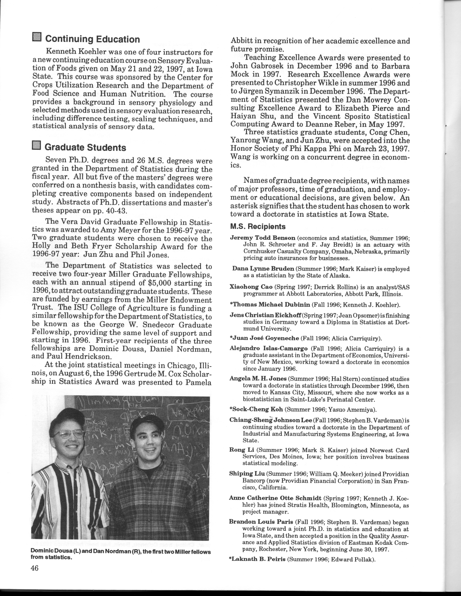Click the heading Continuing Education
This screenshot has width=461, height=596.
92,39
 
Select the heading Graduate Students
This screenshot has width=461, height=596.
85,148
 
